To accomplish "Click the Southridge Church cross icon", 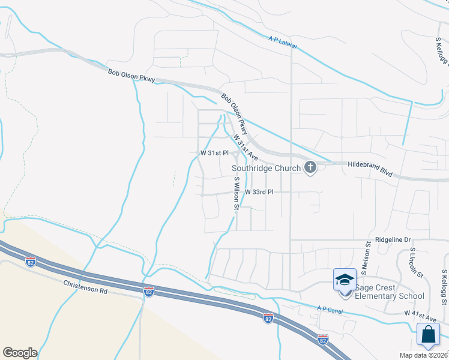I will (x=310, y=167).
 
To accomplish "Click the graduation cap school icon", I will (x=345, y=280).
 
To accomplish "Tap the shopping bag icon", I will (x=429, y=335).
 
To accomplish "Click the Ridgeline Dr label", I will (x=392, y=239).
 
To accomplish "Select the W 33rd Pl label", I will (x=259, y=192).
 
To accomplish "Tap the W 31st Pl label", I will (x=214, y=153).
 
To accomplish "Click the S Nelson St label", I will (x=363, y=260).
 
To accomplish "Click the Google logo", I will (x=20, y=353).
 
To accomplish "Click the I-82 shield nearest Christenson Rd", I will (x=149, y=291).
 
